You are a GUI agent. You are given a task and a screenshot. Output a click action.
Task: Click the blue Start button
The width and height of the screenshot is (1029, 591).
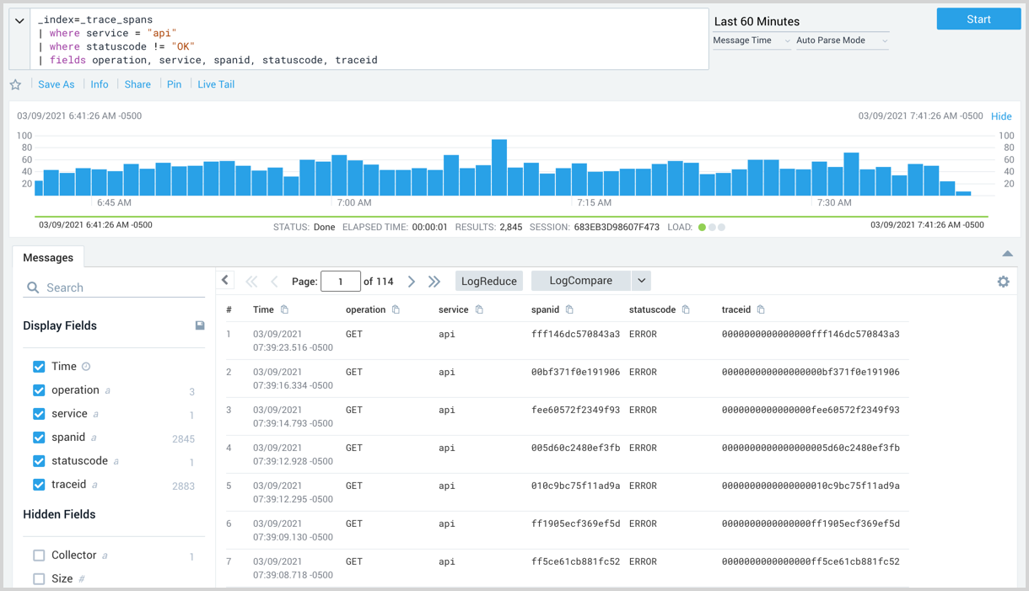(978, 19)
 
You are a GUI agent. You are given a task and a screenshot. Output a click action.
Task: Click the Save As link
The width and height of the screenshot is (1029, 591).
(57, 84)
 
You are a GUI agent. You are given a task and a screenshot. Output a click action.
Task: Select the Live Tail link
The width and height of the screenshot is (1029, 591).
(216, 84)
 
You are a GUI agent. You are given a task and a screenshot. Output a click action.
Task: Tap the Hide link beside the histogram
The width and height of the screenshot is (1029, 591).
(1001, 116)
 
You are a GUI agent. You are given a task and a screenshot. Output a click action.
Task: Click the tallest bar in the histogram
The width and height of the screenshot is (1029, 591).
(499, 167)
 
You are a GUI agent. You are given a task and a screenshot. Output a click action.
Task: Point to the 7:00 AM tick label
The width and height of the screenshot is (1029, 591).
(354, 203)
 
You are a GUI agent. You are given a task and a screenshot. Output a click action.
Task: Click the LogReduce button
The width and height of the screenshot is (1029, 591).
(489, 282)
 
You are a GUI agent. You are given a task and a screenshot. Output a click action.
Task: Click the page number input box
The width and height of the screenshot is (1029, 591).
(341, 282)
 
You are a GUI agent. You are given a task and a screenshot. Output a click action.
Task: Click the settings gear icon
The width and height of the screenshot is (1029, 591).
(1003, 282)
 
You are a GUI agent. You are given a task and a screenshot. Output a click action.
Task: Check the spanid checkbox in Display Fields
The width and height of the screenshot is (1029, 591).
(39, 438)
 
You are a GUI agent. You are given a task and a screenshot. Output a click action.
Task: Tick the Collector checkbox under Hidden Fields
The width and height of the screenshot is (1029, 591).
(39, 556)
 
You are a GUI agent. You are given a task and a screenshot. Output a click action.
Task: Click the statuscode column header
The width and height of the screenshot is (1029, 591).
(652, 310)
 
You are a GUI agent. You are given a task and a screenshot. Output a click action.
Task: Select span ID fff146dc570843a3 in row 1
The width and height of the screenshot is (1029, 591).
(575, 335)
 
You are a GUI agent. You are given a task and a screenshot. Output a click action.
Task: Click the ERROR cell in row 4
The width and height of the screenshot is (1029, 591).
(643, 449)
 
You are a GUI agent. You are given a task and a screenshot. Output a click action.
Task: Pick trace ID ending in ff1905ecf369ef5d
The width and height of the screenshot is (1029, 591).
(811, 524)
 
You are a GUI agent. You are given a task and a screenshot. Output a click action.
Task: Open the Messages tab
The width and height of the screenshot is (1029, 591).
(48, 258)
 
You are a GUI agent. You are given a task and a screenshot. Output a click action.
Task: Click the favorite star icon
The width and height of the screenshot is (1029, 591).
(15, 84)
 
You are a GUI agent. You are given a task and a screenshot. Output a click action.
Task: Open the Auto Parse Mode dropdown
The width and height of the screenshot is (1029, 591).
(842, 40)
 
